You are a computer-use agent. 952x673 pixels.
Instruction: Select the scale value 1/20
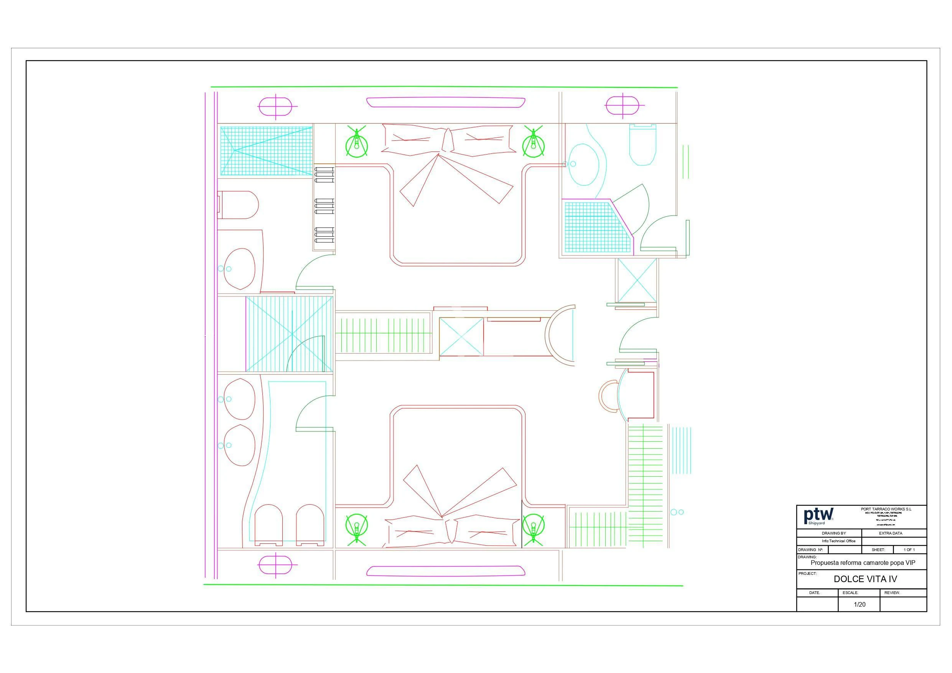tap(860, 605)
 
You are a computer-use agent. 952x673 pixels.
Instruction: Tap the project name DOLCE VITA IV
tap(865, 579)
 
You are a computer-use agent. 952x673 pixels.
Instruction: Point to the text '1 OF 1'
tap(909, 550)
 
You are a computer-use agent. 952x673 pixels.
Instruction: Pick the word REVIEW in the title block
tap(892, 593)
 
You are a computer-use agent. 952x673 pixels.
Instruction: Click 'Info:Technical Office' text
tap(838, 541)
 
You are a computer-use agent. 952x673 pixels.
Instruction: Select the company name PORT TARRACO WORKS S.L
tap(886, 509)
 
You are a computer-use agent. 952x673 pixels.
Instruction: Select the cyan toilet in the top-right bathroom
tap(643, 145)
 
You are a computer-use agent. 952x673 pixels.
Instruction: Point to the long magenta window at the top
tap(446, 102)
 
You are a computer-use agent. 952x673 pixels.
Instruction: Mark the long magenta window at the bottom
tap(446, 571)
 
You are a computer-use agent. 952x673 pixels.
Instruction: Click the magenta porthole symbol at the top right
tap(623, 105)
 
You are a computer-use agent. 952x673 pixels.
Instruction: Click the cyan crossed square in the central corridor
tap(461, 337)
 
